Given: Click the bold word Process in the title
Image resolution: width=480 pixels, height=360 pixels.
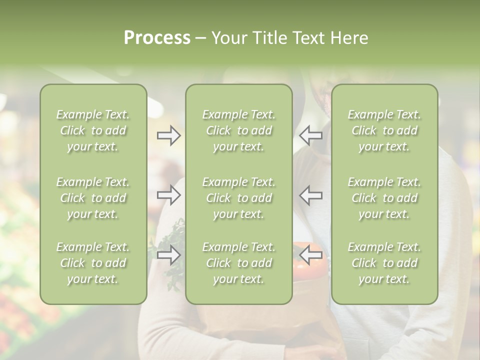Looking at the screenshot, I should click(157, 38).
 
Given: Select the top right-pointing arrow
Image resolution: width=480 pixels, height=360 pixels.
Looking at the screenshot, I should click(168, 135).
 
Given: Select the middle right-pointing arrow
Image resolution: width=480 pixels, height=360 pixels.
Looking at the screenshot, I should click(168, 195).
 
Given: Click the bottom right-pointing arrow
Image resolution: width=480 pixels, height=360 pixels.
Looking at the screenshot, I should click(168, 255).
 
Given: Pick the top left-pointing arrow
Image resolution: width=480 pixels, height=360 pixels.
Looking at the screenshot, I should click(310, 135).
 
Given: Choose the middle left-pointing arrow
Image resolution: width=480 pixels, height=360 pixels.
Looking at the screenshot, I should click(310, 195).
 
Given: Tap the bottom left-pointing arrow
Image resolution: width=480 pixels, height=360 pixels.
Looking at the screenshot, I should click(310, 255).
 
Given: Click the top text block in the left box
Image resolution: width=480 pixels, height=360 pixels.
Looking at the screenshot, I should click(93, 130).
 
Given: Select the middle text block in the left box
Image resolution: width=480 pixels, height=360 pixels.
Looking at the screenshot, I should click(93, 198).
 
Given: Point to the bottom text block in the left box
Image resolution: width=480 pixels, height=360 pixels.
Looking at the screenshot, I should click(93, 263).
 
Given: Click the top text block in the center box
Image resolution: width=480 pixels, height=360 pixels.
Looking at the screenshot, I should click(238, 130).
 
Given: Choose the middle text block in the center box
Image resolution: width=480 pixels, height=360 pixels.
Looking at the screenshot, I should click(238, 198).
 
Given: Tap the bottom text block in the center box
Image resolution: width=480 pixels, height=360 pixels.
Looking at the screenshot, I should click(238, 263).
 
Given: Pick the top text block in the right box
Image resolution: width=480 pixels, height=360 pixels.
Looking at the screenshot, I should click(384, 130).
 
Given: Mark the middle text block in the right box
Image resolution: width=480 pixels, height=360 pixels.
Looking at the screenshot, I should click(384, 198).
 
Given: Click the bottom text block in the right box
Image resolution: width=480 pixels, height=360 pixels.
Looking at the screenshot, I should click(384, 263).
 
